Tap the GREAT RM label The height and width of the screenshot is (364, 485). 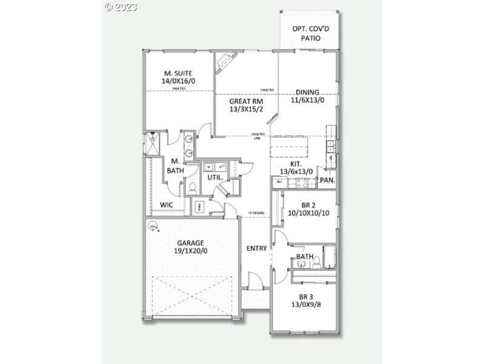click(x=246, y=101)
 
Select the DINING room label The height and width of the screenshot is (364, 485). click(x=307, y=92)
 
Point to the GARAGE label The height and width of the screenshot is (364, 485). click(x=190, y=243)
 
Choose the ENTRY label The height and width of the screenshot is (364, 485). click(x=257, y=248)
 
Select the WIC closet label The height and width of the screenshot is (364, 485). click(x=167, y=205)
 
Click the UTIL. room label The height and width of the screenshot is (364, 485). click(x=215, y=178)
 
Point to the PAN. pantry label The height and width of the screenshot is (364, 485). click(x=327, y=180)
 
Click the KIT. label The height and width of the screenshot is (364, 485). click(x=296, y=164)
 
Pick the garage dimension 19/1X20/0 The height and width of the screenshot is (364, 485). click(x=190, y=251)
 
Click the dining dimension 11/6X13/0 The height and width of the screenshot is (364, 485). click(x=307, y=100)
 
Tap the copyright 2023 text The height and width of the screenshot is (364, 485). click(x=121, y=7)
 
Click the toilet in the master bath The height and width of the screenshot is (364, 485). click(x=192, y=188)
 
